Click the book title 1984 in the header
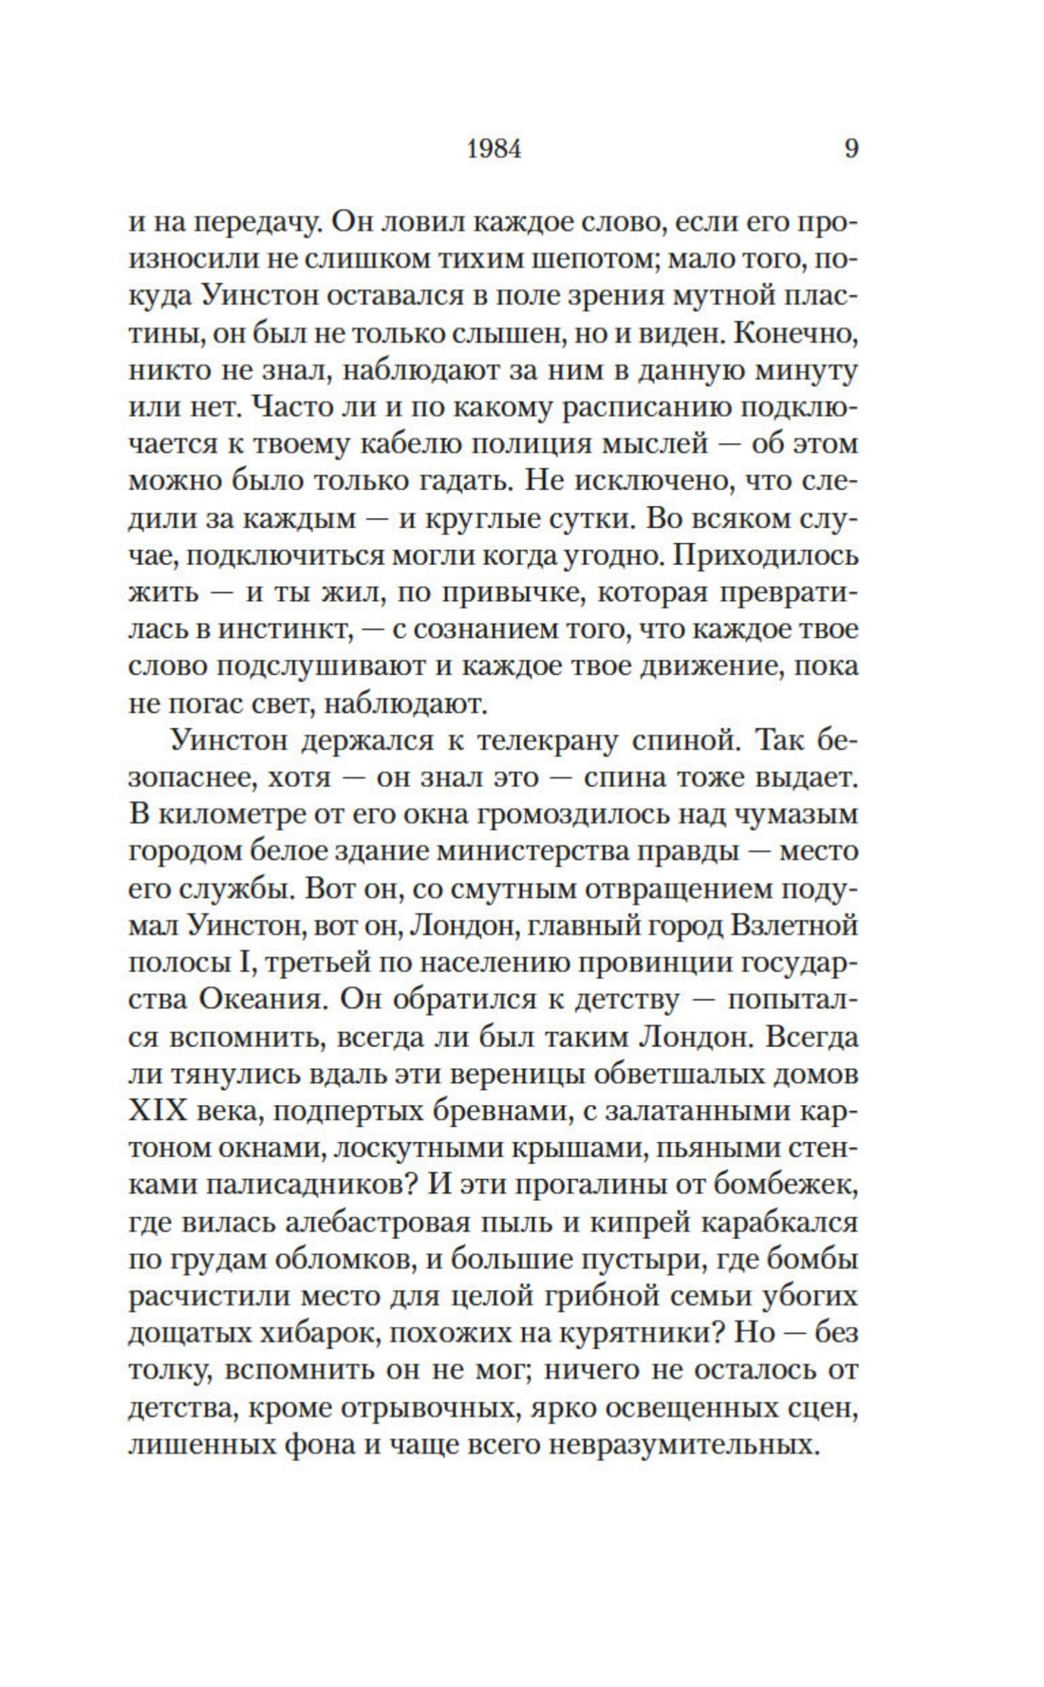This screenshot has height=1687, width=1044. pyautogui.click(x=494, y=149)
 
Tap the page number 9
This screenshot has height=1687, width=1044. pyautogui.click(x=850, y=149)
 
